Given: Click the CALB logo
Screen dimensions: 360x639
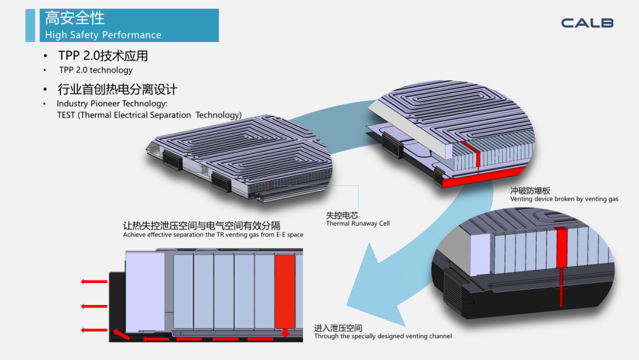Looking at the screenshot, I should [587, 23].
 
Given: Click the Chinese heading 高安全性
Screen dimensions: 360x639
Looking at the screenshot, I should [75, 18].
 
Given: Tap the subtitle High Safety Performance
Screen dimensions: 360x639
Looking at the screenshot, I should [103, 35].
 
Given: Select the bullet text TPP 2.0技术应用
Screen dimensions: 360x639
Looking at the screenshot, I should [103, 56].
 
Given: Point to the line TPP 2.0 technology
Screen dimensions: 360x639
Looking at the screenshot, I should [96, 70].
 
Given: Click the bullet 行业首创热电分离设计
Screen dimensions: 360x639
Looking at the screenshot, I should [117, 90].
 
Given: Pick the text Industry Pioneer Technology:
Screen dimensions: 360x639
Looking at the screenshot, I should [112, 104].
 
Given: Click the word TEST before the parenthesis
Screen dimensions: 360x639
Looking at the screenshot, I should [66, 115].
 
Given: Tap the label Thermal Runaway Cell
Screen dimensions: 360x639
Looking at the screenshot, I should [357, 224].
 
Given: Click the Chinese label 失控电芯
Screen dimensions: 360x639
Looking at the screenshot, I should [342, 216].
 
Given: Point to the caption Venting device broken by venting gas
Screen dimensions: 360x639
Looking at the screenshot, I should [564, 199].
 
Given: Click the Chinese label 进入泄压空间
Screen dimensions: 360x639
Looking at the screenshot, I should [338, 328].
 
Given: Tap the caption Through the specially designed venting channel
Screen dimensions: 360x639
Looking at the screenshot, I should [383, 336].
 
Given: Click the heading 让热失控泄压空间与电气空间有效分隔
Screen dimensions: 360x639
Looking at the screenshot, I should [201, 226].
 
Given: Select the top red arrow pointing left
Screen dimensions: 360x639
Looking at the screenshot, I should [94, 281].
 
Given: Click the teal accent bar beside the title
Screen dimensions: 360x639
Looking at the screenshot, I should [30, 25].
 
